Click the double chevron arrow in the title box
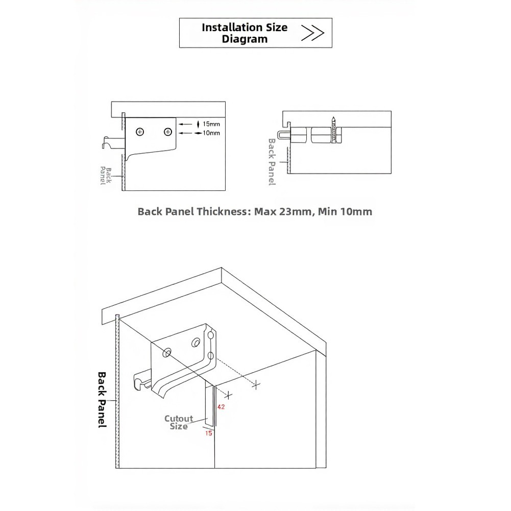(x=313, y=33)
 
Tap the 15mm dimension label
(x=211, y=124)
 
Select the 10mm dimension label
(x=211, y=133)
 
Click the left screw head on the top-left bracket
(x=140, y=132)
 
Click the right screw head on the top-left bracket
(x=167, y=132)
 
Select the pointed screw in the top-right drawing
(x=333, y=132)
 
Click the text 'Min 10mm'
(x=345, y=211)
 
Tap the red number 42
(x=222, y=407)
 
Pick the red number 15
(x=208, y=433)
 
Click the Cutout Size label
(x=179, y=422)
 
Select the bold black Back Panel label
(x=102, y=399)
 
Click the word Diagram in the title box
(x=245, y=39)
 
